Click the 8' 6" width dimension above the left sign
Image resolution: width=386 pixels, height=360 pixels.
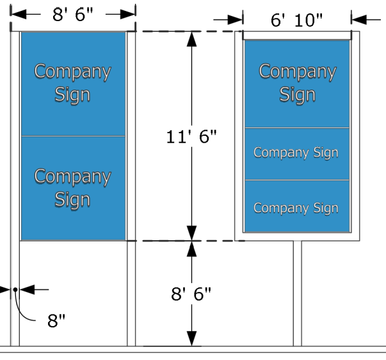pyautogui.click(x=74, y=13)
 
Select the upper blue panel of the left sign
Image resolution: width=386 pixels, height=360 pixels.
pyautogui.click(x=73, y=83)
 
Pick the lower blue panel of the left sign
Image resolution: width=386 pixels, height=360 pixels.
pyautogui.click(x=73, y=188)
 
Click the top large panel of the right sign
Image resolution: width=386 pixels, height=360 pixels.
pyautogui.click(x=297, y=84)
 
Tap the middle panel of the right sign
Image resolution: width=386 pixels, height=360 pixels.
pyautogui.click(x=297, y=154)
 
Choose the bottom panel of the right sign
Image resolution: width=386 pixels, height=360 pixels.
pyautogui.click(x=297, y=208)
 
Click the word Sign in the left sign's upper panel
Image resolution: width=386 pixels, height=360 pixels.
pyautogui.click(x=72, y=95)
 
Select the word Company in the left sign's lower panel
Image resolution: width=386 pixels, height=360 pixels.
pyautogui.click(x=72, y=177)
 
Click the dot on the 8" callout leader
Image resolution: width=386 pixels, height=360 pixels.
pyautogui.click(x=15, y=289)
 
